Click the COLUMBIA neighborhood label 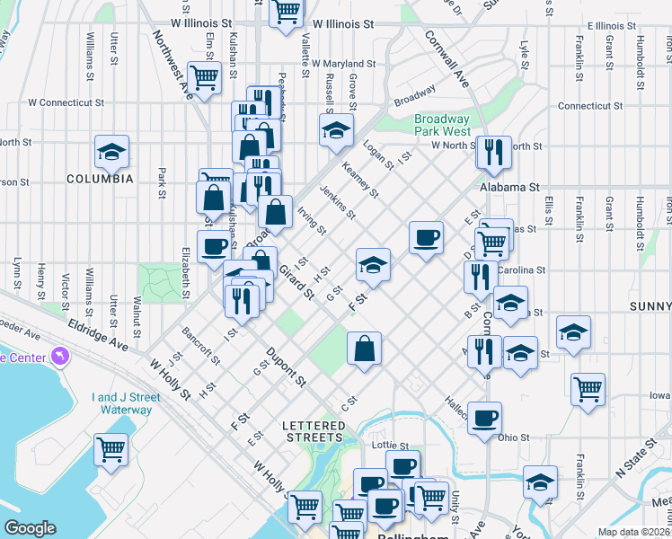[100, 179]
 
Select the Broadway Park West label [441, 125]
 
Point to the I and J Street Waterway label [122, 403]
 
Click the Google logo [30, 527]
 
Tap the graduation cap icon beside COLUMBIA [111, 151]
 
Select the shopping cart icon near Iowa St [588, 389]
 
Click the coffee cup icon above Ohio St [485, 418]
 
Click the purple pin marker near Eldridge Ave [60, 358]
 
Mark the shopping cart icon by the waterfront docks [111, 448]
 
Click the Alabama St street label [508, 188]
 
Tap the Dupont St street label [286, 367]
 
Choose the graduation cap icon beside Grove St [336, 129]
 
